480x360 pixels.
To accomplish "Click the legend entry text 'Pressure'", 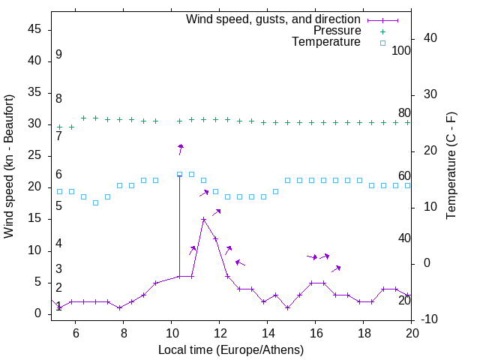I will [x=337, y=31].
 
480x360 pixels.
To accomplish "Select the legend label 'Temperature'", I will [x=326, y=42].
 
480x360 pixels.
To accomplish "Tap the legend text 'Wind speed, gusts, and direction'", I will [x=274, y=19].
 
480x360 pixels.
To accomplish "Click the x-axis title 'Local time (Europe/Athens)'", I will [x=232, y=349].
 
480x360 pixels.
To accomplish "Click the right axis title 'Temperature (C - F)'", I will [x=451, y=166].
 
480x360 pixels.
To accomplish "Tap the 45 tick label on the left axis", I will [x=34, y=29].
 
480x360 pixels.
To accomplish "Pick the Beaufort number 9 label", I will [x=58, y=55].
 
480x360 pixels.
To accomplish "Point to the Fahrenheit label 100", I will [x=401, y=50].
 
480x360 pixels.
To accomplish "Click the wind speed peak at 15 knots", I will [x=203, y=220].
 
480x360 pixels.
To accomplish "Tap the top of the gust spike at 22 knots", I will [x=179, y=175].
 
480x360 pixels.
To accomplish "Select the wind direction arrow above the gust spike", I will [x=180, y=149].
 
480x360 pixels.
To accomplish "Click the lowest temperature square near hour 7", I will [x=95, y=202].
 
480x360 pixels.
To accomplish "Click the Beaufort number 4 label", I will [x=58, y=244].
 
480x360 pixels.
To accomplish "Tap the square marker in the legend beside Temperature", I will [x=382, y=43].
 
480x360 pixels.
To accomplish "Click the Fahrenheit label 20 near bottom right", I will [x=404, y=300].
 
